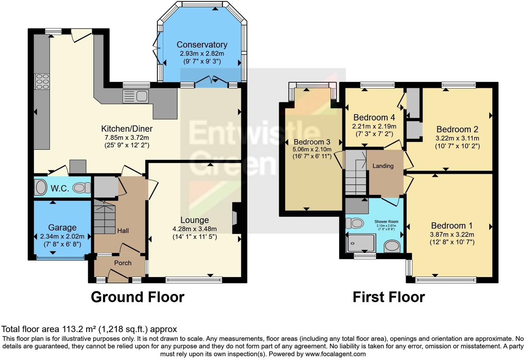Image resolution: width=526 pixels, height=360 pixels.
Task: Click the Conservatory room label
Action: click(x=202, y=45)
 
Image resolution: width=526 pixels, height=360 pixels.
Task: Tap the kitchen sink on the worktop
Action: click(x=135, y=96)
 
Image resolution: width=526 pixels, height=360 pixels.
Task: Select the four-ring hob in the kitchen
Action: click(x=42, y=82)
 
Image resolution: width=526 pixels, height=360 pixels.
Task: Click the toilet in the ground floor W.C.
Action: click(x=82, y=188)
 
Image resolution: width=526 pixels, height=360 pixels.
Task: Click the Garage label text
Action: click(x=62, y=227)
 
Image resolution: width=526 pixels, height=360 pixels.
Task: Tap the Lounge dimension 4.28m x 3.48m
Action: click(x=194, y=229)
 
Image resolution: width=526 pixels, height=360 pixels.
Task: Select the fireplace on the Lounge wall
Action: click(x=235, y=218)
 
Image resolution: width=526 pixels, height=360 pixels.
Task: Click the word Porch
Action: click(x=123, y=263)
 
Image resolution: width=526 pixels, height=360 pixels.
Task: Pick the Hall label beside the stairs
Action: click(x=123, y=231)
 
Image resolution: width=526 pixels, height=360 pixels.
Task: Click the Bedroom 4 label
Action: click(x=374, y=117)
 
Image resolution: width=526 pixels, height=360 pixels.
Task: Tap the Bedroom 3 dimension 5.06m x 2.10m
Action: click(x=312, y=150)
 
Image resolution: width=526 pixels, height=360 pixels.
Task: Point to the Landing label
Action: click(x=383, y=166)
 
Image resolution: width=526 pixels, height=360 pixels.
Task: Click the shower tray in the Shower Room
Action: click(x=361, y=243)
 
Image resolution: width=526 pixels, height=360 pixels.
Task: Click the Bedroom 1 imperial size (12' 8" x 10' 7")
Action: click(x=452, y=242)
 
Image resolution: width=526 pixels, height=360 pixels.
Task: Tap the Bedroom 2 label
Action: click(x=457, y=129)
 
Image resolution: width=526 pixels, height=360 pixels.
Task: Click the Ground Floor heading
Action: click(x=137, y=297)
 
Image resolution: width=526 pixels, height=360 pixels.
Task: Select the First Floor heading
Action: click(x=389, y=297)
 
